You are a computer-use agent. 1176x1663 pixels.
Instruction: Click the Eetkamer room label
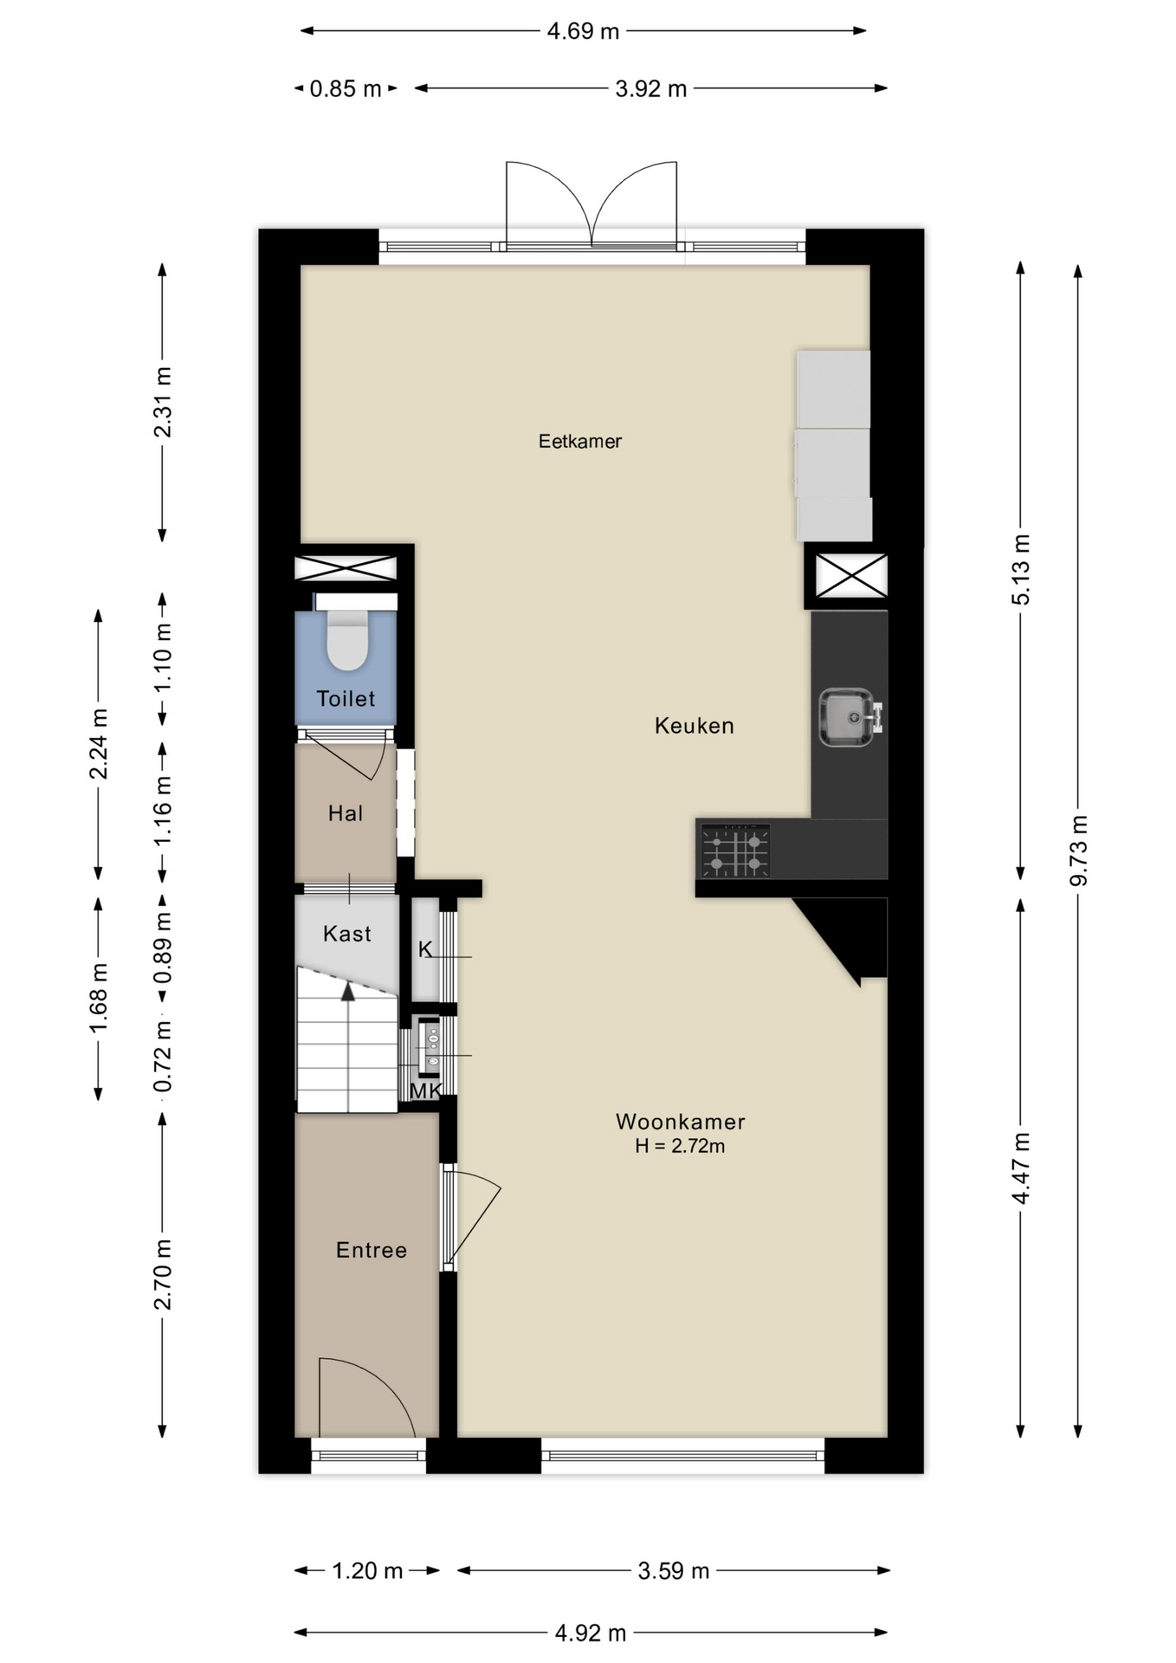(x=579, y=442)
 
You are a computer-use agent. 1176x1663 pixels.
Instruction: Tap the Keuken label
(x=694, y=726)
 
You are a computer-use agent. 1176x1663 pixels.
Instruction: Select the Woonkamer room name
(x=680, y=1122)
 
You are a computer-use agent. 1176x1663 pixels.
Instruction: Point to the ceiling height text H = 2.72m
(x=680, y=1146)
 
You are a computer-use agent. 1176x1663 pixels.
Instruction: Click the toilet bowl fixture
(x=347, y=640)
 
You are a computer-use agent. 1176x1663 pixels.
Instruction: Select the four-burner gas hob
(x=735, y=851)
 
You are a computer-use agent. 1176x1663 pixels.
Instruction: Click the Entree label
(x=371, y=1250)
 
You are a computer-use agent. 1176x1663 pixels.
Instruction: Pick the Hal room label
(x=345, y=813)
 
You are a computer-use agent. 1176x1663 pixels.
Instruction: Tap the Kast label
(x=346, y=934)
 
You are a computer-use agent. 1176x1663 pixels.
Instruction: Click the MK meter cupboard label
(x=425, y=1091)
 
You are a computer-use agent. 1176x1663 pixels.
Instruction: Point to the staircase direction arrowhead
(x=348, y=992)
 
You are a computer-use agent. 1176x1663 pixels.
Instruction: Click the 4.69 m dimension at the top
(x=583, y=32)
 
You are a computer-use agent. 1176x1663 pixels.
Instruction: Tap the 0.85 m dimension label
(x=346, y=89)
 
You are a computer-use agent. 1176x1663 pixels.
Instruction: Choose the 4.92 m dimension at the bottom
(x=590, y=1633)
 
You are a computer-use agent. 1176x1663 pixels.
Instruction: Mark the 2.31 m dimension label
(x=162, y=402)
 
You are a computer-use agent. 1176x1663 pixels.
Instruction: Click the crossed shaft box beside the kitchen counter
(x=852, y=576)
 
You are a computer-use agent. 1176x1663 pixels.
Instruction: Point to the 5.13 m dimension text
(x=1021, y=570)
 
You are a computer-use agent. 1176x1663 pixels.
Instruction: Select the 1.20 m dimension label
(x=367, y=1570)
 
